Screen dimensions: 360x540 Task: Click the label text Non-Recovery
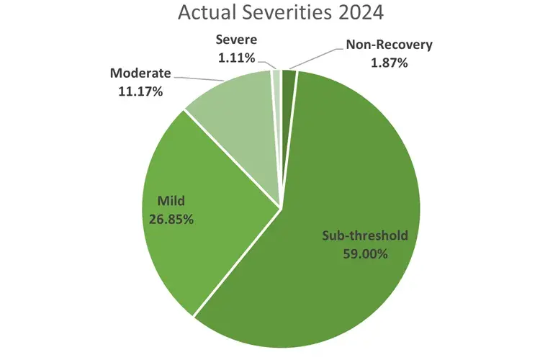388,45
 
